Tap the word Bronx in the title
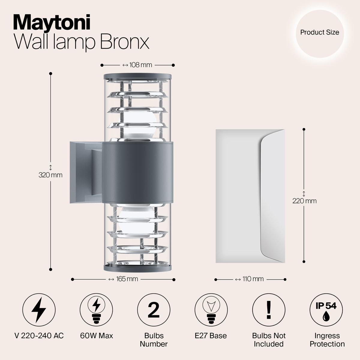click(124, 43)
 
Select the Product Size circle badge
click(319, 32)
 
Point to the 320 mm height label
click(51, 175)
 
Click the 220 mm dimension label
click(304, 201)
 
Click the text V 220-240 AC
click(39, 335)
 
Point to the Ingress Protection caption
click(327, 340)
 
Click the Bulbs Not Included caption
click(269, 340)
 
